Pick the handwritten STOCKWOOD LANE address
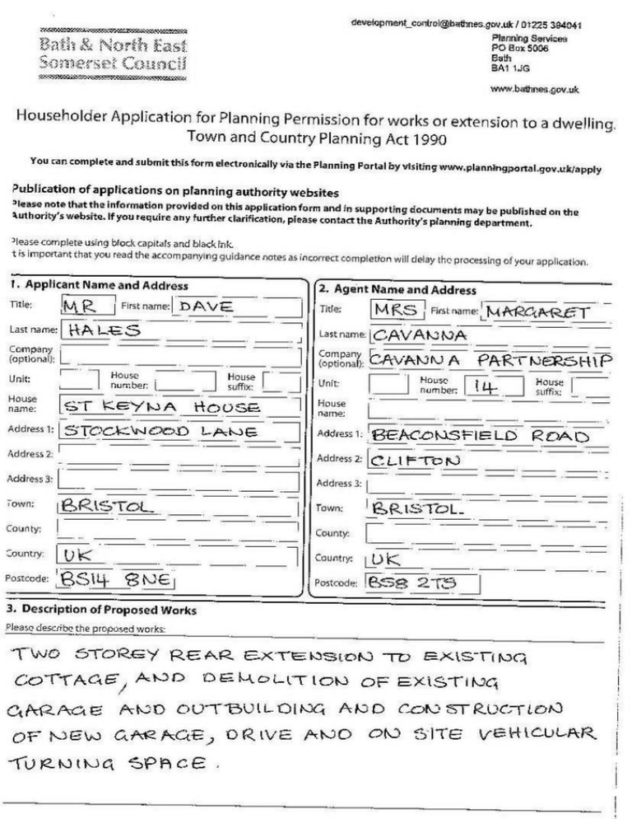pyautogui.click(x=160, y=431)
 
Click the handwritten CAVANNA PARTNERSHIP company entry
pyautogui.click(x=490, y=360)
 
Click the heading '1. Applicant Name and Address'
pyautogui.click(x=100, y=286)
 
